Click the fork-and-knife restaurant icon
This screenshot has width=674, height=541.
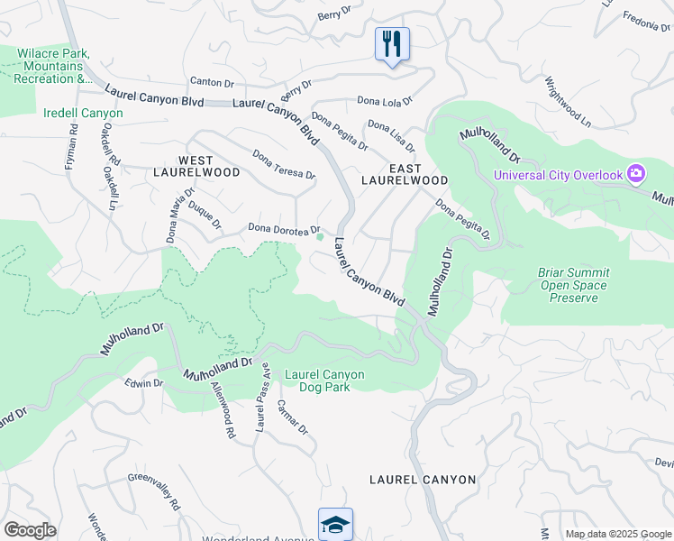pos(392,44)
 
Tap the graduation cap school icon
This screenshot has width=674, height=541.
pos(335,523)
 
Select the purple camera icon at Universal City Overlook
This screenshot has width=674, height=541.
pos(637,173)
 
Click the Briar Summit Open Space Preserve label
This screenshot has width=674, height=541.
pos(573,285)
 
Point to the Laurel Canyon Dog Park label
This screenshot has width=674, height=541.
pos(324,381)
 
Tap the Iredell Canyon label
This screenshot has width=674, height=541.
pos(83,114)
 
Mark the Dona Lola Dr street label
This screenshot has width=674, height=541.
pos(384,101)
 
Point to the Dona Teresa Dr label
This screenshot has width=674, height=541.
pos(284,164)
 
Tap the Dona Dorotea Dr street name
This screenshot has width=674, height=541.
pos(284,229)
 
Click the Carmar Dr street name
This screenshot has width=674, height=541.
pos(293,417)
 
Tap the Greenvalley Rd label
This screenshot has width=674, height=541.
pos(154,491)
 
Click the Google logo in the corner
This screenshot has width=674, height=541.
pos(30,530)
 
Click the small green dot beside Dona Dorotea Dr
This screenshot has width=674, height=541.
pos(320,238)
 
